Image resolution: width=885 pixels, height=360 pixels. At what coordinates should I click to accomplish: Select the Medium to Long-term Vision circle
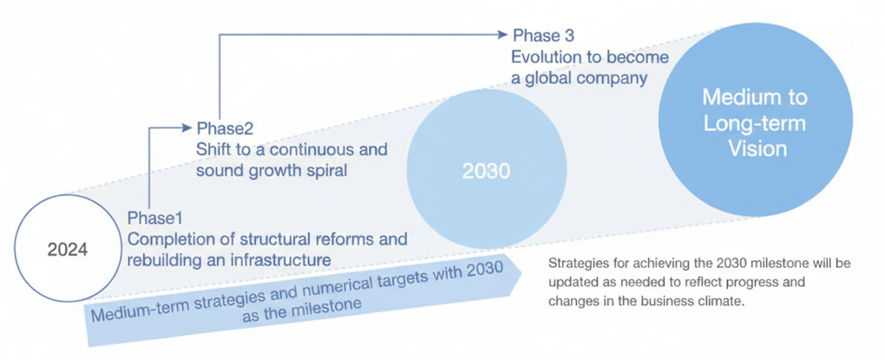pyautogui.click(x=755, y=122)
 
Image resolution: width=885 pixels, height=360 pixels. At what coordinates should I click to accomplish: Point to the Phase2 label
pyautogui.click(x=226, y=128)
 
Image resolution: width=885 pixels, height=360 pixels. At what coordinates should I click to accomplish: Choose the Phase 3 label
pyautogui.click(x=543, y=36)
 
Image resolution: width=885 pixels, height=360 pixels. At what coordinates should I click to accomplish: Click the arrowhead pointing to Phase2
pyautogui.click(x=186, y=128)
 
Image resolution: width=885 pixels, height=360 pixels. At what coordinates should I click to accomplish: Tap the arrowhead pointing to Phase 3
pyautogui.click(x=501, y=35)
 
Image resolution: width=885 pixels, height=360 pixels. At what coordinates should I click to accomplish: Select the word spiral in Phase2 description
pyautogui.click(x=326, y=170)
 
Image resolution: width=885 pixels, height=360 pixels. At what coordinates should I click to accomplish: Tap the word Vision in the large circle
pyautogui.click(x=757, y=148)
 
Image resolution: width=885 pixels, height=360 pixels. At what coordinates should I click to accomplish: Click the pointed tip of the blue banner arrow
pyautogui.click(x=521, y=273)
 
